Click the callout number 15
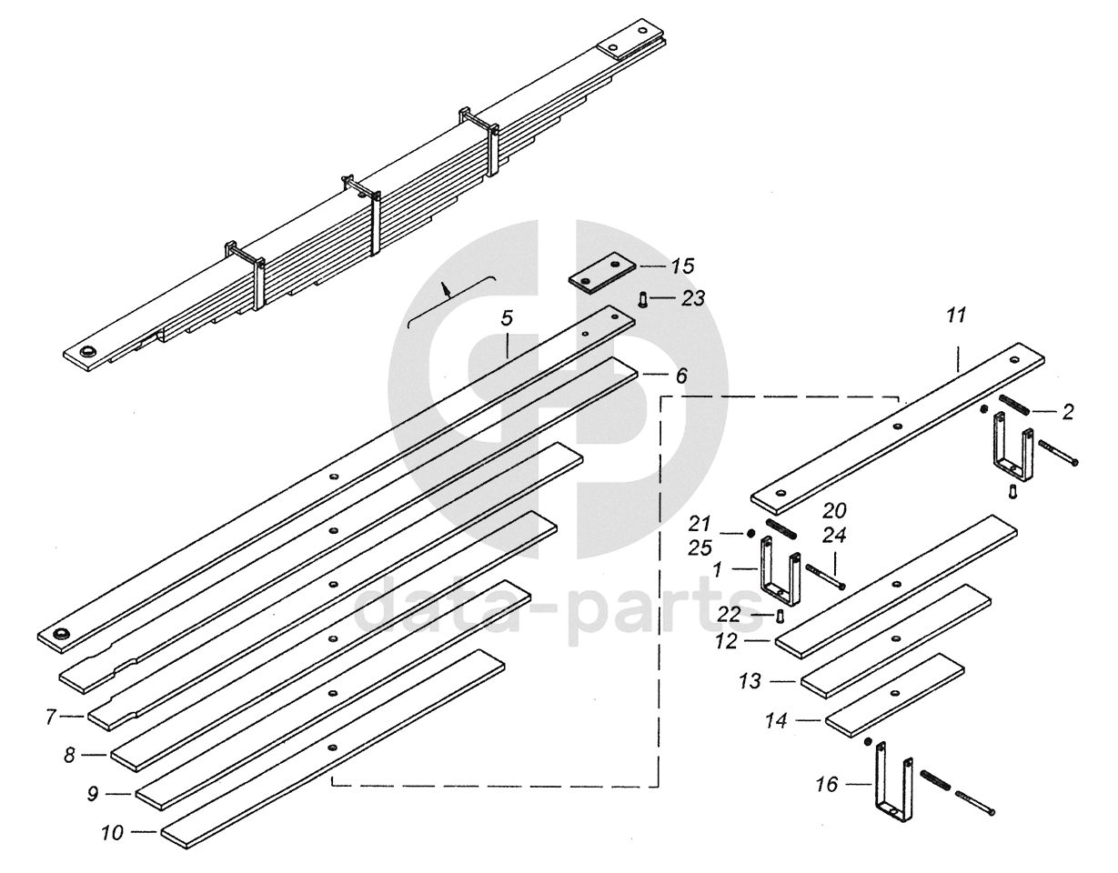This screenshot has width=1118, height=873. point(682,266)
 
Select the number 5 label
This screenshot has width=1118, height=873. point(507,318)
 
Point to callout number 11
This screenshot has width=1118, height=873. point(956,316)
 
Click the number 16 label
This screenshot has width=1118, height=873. point(826,785)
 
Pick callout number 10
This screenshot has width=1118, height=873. point(113,831)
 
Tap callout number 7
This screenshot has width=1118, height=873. point(51,717)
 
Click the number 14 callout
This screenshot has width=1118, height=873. point(775,720)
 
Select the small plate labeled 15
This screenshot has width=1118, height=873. point(602,274)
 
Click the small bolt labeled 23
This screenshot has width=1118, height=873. point(643,298)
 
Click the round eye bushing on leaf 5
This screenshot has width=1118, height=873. point(62,634)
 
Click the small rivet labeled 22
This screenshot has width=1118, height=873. point(780,617)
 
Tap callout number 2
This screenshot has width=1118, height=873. point(1068,412)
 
